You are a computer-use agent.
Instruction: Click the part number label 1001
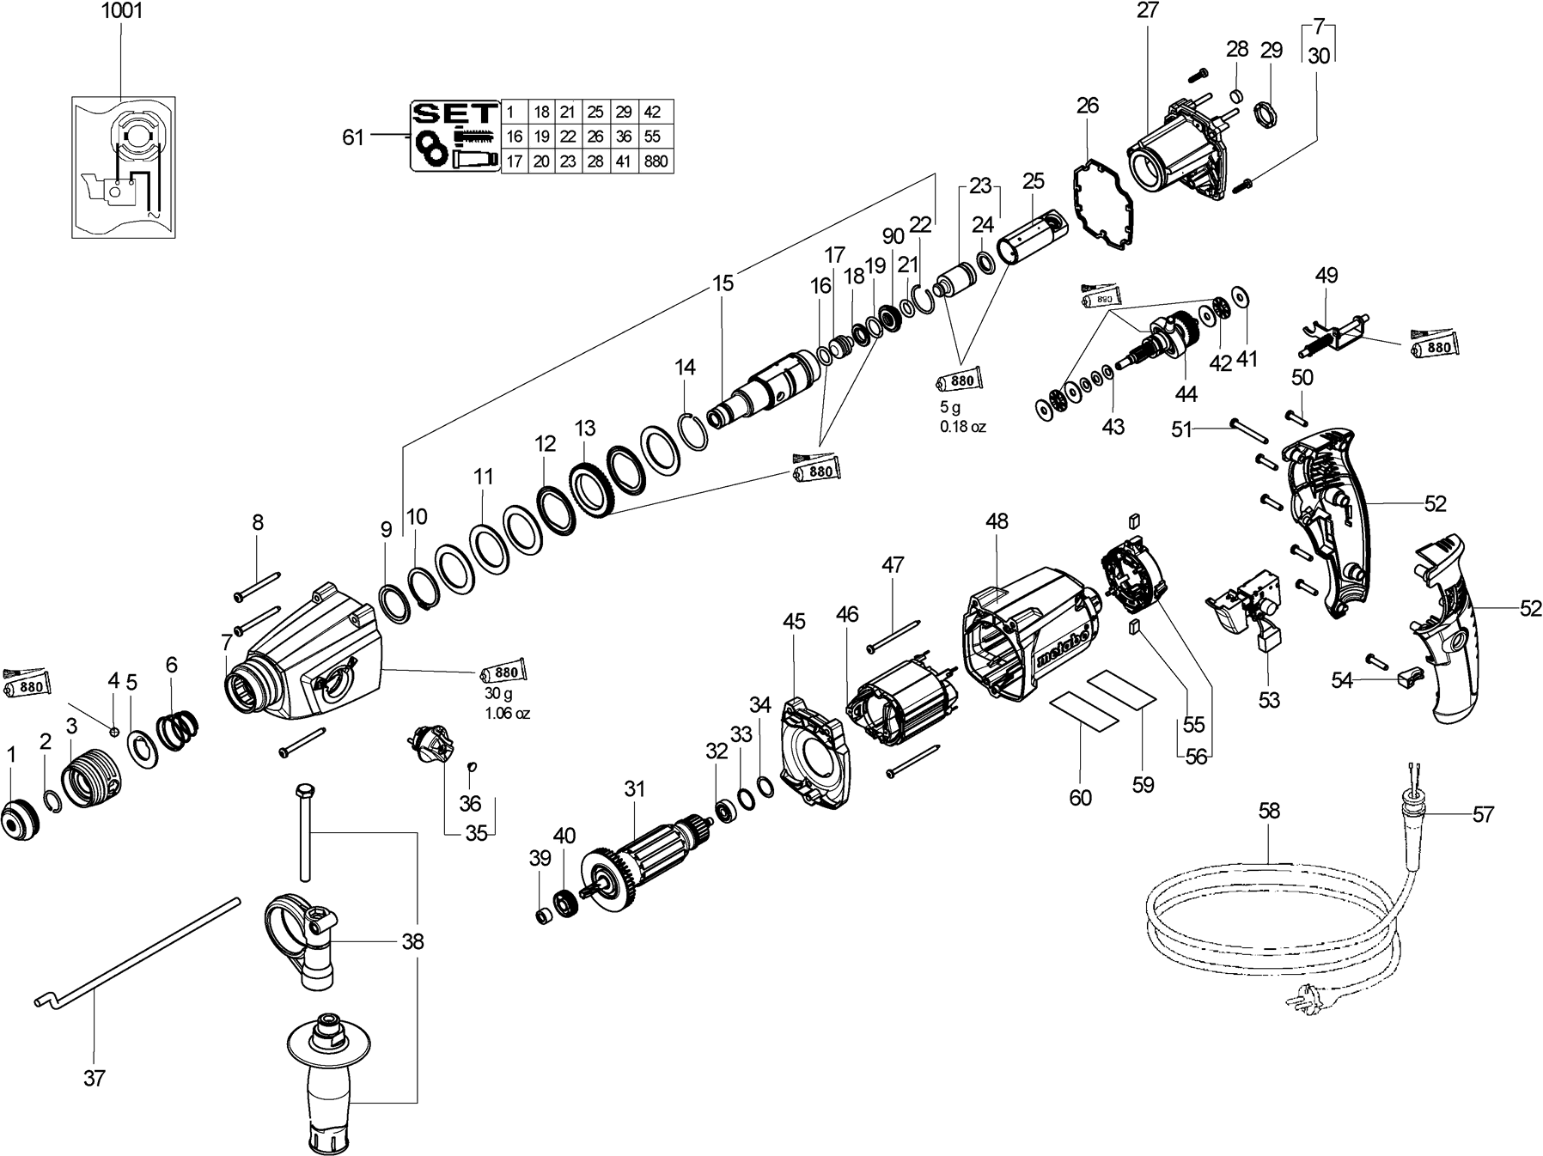click(121, 12)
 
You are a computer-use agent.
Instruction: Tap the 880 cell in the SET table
click(656, 161)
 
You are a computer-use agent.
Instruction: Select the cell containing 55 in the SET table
click(652, 137)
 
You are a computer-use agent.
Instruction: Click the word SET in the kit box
click(455, 113)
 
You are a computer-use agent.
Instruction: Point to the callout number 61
click(353, 137)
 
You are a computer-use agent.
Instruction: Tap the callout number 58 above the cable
click(1269, 811)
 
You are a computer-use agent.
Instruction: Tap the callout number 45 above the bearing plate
click(794, 620)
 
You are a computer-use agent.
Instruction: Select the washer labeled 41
click(1241, 296)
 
